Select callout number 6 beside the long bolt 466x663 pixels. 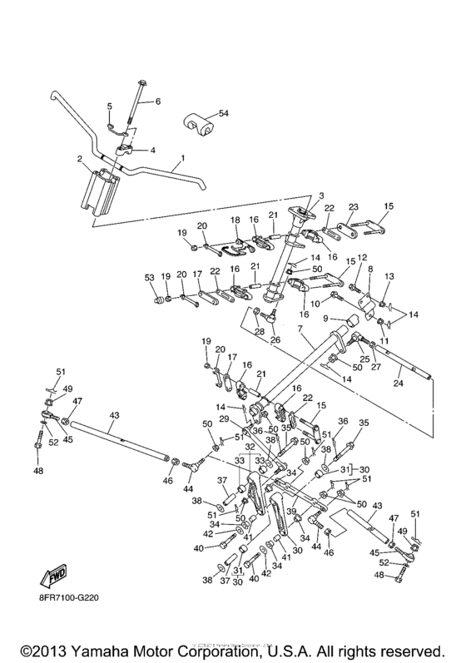[155, 101]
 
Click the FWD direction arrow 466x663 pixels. [50, 576]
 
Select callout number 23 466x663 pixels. [353, 208]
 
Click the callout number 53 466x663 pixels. [149, 276]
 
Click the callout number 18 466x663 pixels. [235, 221]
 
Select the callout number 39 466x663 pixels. [290, 511]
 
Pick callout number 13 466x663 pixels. [389, 275]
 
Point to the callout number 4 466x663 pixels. [153, 151]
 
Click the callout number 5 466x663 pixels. [108, 106]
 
